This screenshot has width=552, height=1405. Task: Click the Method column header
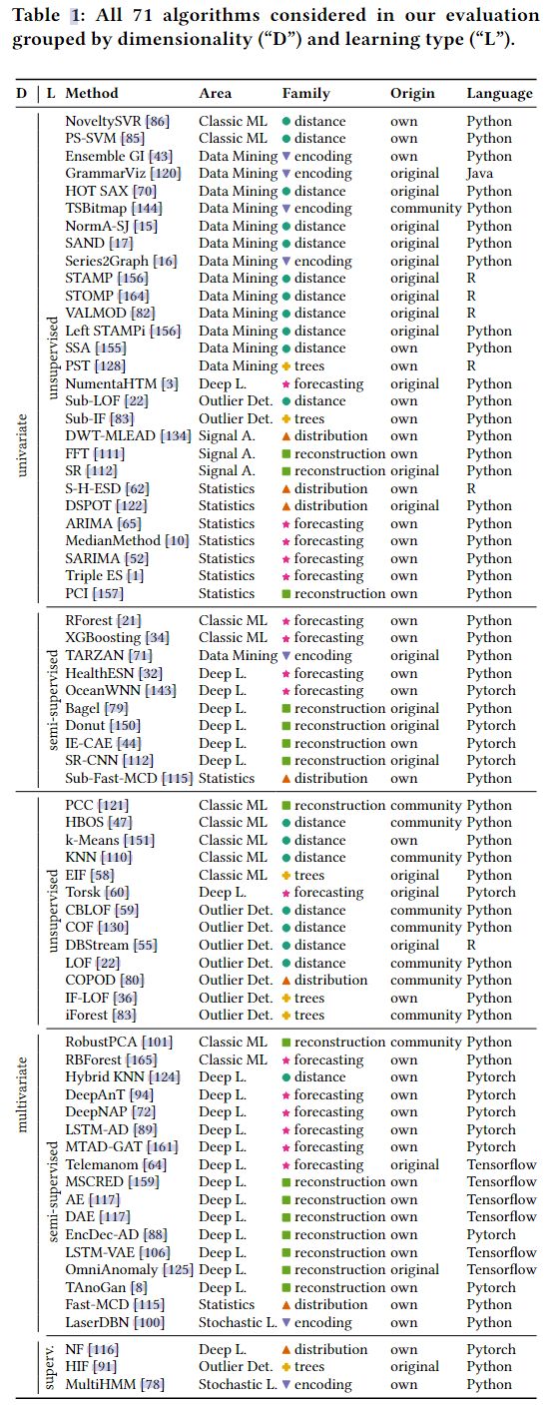[92, 94]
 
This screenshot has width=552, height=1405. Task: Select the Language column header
[499, 94]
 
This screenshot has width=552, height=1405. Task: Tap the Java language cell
[479, 174]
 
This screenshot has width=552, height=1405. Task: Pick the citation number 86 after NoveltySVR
[158, 121]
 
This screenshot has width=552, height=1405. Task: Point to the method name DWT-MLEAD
[110, 436]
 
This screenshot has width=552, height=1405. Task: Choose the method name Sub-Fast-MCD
[111, 779]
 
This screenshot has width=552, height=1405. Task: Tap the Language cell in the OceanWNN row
[490, 691]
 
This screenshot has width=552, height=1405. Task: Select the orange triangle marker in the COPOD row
[286, 980]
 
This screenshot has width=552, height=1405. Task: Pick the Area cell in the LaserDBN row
[238, 1322]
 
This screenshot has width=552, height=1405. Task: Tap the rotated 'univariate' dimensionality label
[23, 445]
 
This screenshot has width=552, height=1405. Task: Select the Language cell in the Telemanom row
[501, 1164]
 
